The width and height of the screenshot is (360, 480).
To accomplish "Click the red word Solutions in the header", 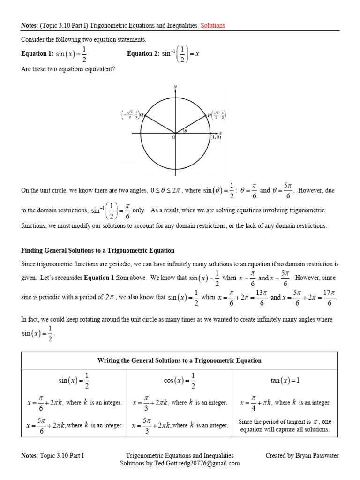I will [213, 25].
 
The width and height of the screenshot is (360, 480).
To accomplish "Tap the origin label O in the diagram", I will [173, 137].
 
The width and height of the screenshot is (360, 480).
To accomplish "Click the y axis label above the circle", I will [175, 87].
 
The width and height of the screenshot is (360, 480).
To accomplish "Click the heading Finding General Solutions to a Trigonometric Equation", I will [98, 251].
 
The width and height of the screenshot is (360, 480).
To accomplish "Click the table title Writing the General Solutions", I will [180, 360].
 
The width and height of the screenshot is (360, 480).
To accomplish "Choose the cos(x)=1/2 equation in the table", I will [180, 381].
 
